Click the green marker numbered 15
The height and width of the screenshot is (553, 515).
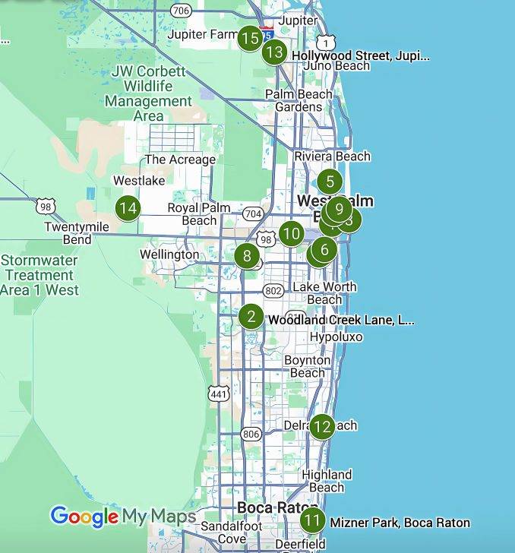click(250, 37)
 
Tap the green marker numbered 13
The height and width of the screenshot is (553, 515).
click(274, 52)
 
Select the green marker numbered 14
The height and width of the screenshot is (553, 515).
click(128, 207)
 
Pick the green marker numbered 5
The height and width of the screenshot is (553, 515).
click(330, 182)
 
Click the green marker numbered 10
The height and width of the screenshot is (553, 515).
click(292, 233)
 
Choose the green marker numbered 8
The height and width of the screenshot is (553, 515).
click(247, 256)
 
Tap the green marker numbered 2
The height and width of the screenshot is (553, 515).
click(251, 317)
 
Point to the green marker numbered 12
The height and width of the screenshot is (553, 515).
click(322, 426)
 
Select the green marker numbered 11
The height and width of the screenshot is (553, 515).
click(312, 521)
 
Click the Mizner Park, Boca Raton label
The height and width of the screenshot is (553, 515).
click(400, 523)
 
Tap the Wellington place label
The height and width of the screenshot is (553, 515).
click(169, 254)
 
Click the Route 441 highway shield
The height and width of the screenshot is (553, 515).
click(218, 393)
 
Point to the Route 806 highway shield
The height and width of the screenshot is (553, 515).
click(251, 434)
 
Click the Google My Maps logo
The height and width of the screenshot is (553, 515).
click(123, 517)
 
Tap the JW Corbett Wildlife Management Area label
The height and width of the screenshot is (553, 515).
click(148, 93)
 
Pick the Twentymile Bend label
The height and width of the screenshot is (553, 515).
click(77, 233)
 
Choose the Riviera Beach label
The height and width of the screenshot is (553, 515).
click(333, 156)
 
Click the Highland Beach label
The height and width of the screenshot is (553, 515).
click(327, 481)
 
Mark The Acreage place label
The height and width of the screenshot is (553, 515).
click(180, 160)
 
